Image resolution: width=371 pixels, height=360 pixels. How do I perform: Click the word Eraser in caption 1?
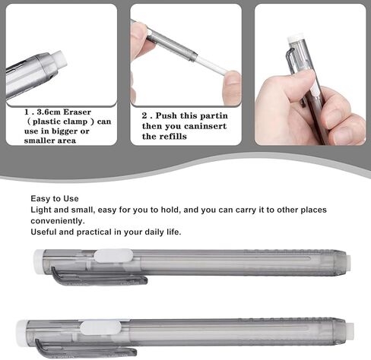77,112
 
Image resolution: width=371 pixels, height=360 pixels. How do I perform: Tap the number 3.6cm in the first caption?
49,112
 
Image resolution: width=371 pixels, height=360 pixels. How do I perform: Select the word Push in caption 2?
166,115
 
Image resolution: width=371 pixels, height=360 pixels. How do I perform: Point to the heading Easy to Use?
55,198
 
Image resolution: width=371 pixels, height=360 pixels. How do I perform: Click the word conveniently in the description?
58,221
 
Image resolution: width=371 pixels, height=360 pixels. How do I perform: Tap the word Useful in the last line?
43,232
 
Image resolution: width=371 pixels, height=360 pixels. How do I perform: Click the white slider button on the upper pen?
113,256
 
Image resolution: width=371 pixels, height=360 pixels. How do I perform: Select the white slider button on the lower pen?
100,327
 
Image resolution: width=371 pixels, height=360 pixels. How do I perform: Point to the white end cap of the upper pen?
39,261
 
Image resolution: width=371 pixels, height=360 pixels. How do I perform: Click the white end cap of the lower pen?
22,333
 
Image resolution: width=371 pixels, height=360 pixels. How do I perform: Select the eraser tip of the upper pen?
348,264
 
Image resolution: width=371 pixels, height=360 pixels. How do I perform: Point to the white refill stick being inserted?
212,66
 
